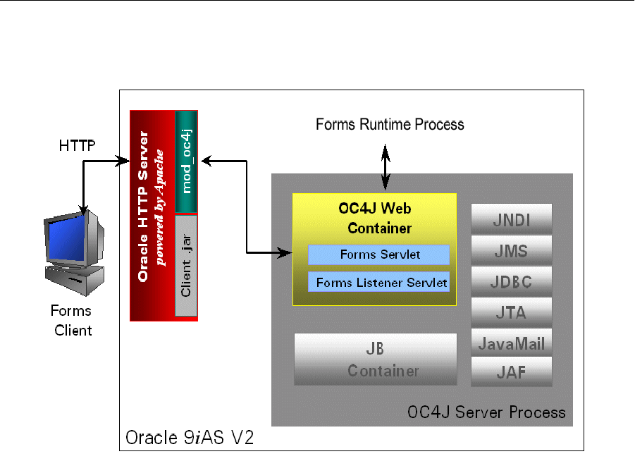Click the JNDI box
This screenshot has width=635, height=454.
[x=512, y=219]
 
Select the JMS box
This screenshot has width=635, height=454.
[x=512, y=250]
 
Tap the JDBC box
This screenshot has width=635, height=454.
[x=512, y=281]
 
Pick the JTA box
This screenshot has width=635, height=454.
[x=512, y=312]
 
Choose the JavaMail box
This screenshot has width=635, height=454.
[x=512, y=343]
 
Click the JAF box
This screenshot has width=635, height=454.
[x=512, y=372]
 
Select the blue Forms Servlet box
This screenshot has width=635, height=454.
[x=379, y=254]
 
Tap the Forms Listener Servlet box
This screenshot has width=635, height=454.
[x=379, y=282]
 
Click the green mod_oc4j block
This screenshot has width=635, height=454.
[x=186, y=161]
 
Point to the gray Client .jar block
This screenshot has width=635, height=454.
[x=186, y=265]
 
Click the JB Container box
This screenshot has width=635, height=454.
[x=376, y=360]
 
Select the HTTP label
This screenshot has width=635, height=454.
[x=77, y=146]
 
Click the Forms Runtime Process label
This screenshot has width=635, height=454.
[x=390, y=124]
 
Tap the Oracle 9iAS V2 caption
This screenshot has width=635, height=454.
[x=190, y=437]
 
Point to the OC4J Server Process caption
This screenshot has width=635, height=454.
[x=486, y=412]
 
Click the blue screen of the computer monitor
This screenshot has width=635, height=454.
[x=67, y=239]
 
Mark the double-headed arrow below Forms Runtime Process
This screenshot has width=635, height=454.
[x=386, y=167]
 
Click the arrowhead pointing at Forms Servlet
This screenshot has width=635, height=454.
[x=285, y=252]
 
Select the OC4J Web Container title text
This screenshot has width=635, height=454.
[x=376, y=219]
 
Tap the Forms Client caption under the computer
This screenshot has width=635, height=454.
[x=72, y=321]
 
